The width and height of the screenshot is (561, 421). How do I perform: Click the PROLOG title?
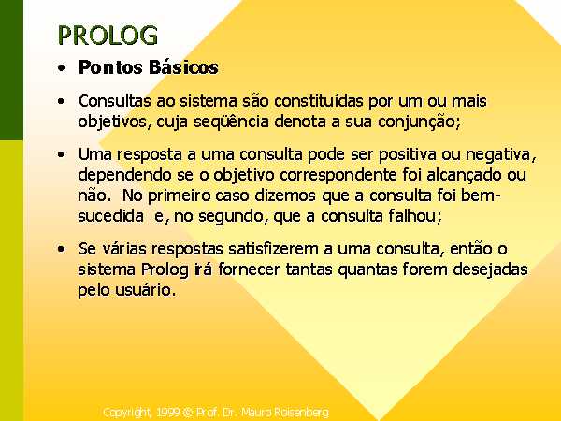pyautogui.click(x=108, y=36)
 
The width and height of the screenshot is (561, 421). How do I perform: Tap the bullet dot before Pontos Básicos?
pyautogui.click(x=62, y=68)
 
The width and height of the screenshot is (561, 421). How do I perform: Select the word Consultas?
pyautogui.click(x=114, y=101)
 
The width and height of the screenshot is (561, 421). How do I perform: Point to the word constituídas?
pyautogui.click(x=319, y=101)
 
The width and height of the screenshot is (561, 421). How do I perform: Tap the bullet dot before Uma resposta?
pyautogui.click(x=62, y=154)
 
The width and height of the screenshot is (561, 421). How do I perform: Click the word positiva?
pyautogui.click(x=408, y=155)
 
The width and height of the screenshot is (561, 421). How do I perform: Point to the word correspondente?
pyautogui.click(x=338, y=176)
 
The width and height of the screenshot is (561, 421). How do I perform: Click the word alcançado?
pyautogui.click(x=464, y=176)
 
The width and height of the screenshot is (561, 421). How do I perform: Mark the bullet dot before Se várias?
pyautogui.click(x=62, y=249)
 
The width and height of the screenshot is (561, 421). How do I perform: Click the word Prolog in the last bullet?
pyautogui.click(x=165, y=270)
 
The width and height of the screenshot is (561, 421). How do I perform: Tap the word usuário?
pyautogui.click(x=146, y=290)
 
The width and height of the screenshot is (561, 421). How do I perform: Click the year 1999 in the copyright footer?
pyautogui.click(x=168, y=413)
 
